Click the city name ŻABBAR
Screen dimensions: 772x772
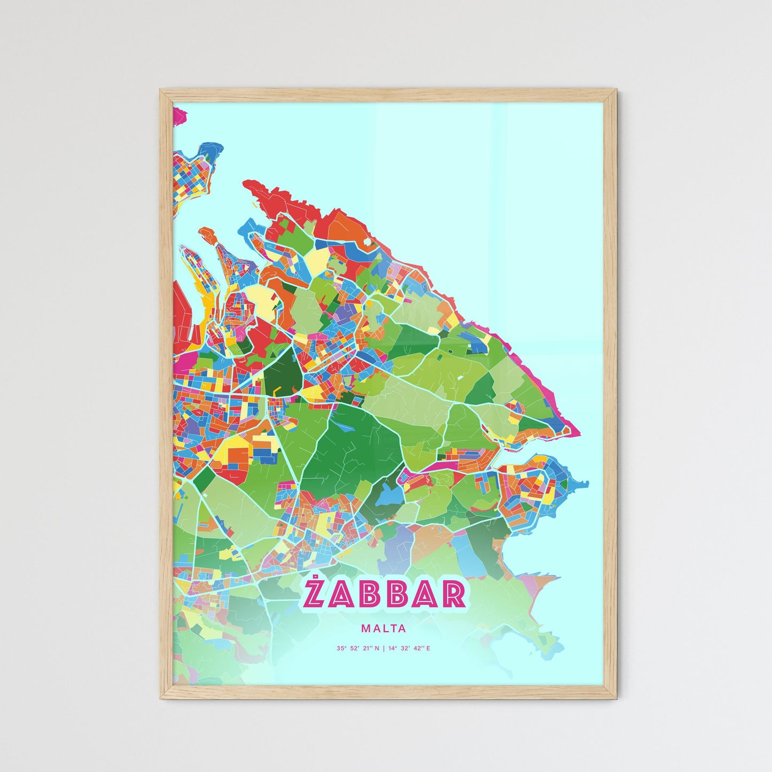pos(383,595)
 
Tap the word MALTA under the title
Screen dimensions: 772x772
pos(383,629)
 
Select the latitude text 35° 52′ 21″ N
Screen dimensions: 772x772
pos(357,649)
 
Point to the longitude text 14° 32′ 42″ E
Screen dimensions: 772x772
pos(409,649)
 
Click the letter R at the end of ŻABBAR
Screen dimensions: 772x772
pos(453,596)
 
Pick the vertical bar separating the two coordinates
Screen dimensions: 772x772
pos(384,649)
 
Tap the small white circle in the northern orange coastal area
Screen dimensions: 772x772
pos(367,241)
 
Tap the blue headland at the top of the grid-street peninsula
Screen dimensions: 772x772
pos(209,150)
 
